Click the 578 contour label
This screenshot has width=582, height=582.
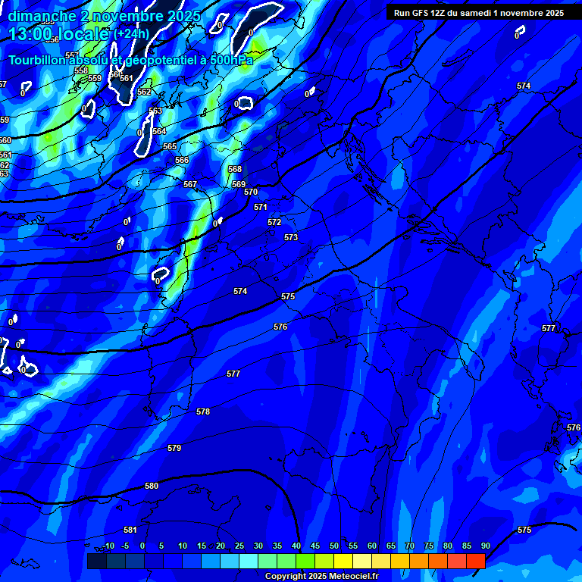[x=203, y=411]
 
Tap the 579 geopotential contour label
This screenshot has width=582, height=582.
[x=174, y=448]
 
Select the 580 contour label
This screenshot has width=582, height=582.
[x=152, y=486]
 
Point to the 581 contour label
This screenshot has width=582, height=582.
[x=130, y=530]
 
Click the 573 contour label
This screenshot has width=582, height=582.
[x=291, y=237]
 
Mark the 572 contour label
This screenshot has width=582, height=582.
[x=274, y=222]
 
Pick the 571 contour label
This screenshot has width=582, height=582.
[x=261, y=207]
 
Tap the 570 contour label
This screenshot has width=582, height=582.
[x=251, y=192]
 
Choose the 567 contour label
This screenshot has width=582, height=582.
[x=190, y=184]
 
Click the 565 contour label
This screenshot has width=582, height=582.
[x=170, y=146]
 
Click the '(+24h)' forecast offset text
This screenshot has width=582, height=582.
[x=132, y=33]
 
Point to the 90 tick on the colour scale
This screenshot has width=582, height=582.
[x=485, y=546]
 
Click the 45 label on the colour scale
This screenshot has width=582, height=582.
[x=314, y=546]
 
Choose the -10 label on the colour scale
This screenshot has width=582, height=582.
[x=108, y=546]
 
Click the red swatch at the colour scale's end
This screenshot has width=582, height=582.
[x=475, y=561]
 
